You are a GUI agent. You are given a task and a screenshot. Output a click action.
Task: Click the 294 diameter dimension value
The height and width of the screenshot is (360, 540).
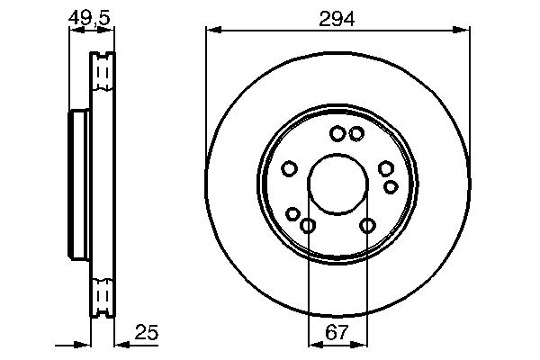[x=337, y=17]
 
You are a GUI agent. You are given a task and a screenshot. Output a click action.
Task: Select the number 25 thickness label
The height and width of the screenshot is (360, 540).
[x=147, y=333]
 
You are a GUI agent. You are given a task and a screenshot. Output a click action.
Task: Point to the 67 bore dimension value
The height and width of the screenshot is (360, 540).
[x=337, y=333]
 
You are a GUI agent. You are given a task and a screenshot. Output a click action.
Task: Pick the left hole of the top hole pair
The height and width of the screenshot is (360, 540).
[x=337, y=134]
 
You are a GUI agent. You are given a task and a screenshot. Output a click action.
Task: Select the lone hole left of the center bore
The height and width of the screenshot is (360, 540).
[x=290, y=168]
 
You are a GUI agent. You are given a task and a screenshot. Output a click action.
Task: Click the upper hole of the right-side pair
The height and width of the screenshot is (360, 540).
[x=385, y=168]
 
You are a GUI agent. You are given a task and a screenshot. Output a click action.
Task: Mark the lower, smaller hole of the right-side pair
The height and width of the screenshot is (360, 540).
[x=391, y=186]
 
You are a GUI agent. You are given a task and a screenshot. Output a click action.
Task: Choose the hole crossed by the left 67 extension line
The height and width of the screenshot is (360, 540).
[x=308, y=225]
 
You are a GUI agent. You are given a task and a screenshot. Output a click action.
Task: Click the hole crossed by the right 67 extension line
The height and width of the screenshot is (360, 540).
[x=367, y=225]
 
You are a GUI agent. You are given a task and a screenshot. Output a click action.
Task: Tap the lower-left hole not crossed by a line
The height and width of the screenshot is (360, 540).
[x=292, y=213]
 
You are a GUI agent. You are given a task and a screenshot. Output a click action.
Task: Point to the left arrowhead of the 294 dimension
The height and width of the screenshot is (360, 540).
[x=212, y=30]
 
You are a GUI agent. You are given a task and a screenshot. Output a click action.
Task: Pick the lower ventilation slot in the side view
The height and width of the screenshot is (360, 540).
[x=103, y=296]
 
